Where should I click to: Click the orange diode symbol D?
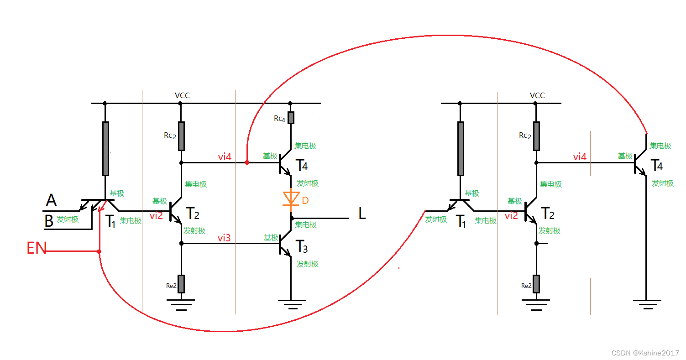coord(291,198)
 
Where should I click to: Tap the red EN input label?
coord(37,249)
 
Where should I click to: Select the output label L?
coord(362,214)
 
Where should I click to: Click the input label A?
coord(51,200)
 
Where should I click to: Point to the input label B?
coord(49,222)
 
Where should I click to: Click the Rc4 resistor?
coord(291,118)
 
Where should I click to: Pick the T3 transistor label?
coord(302,248)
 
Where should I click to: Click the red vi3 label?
coord(224,238)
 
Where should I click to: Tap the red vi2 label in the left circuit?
coord(156,216)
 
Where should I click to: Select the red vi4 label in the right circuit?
coord(580,157)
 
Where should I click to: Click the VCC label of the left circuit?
coord(182,95)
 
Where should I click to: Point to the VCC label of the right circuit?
coord(537,95)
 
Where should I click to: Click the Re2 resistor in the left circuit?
coord(181,284)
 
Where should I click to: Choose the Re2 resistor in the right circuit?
coord(536,284)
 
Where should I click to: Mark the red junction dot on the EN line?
coord(99,251)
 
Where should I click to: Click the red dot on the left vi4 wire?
coord(247,162)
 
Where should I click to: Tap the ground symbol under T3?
coord(291,304)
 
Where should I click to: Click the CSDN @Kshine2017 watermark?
coord(645,353)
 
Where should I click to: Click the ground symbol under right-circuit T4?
coord(646,304)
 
